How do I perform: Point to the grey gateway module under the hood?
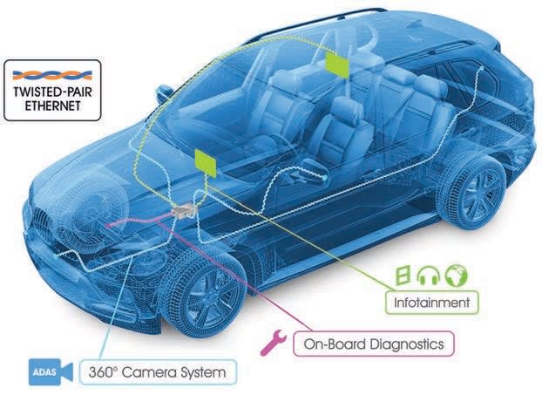182,212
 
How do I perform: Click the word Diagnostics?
404,344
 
